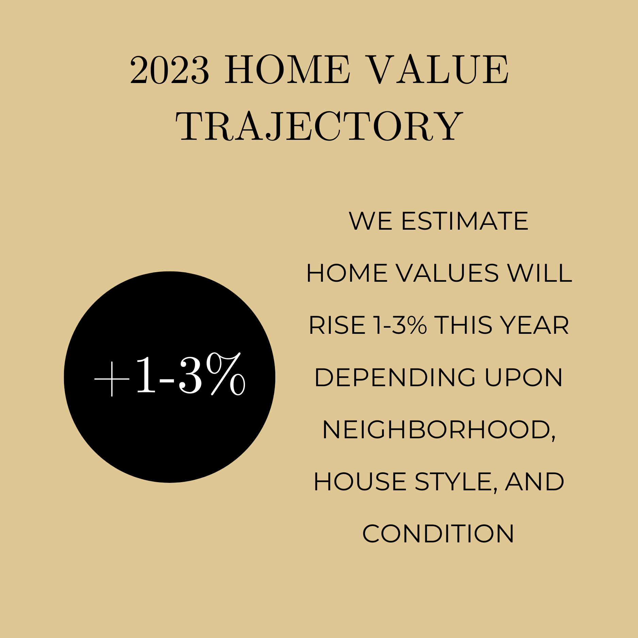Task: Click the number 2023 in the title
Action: [169, 70]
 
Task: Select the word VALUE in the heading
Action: [438, 70]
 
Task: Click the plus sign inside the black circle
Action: [112, 379]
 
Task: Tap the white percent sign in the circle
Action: [226, 374]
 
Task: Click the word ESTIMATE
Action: [465, 221]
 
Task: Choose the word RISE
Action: [337, 325]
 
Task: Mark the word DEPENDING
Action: [395, 378]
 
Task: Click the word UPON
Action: [524, 378]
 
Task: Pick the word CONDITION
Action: [438, 534]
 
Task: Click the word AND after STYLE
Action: [535, 482]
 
